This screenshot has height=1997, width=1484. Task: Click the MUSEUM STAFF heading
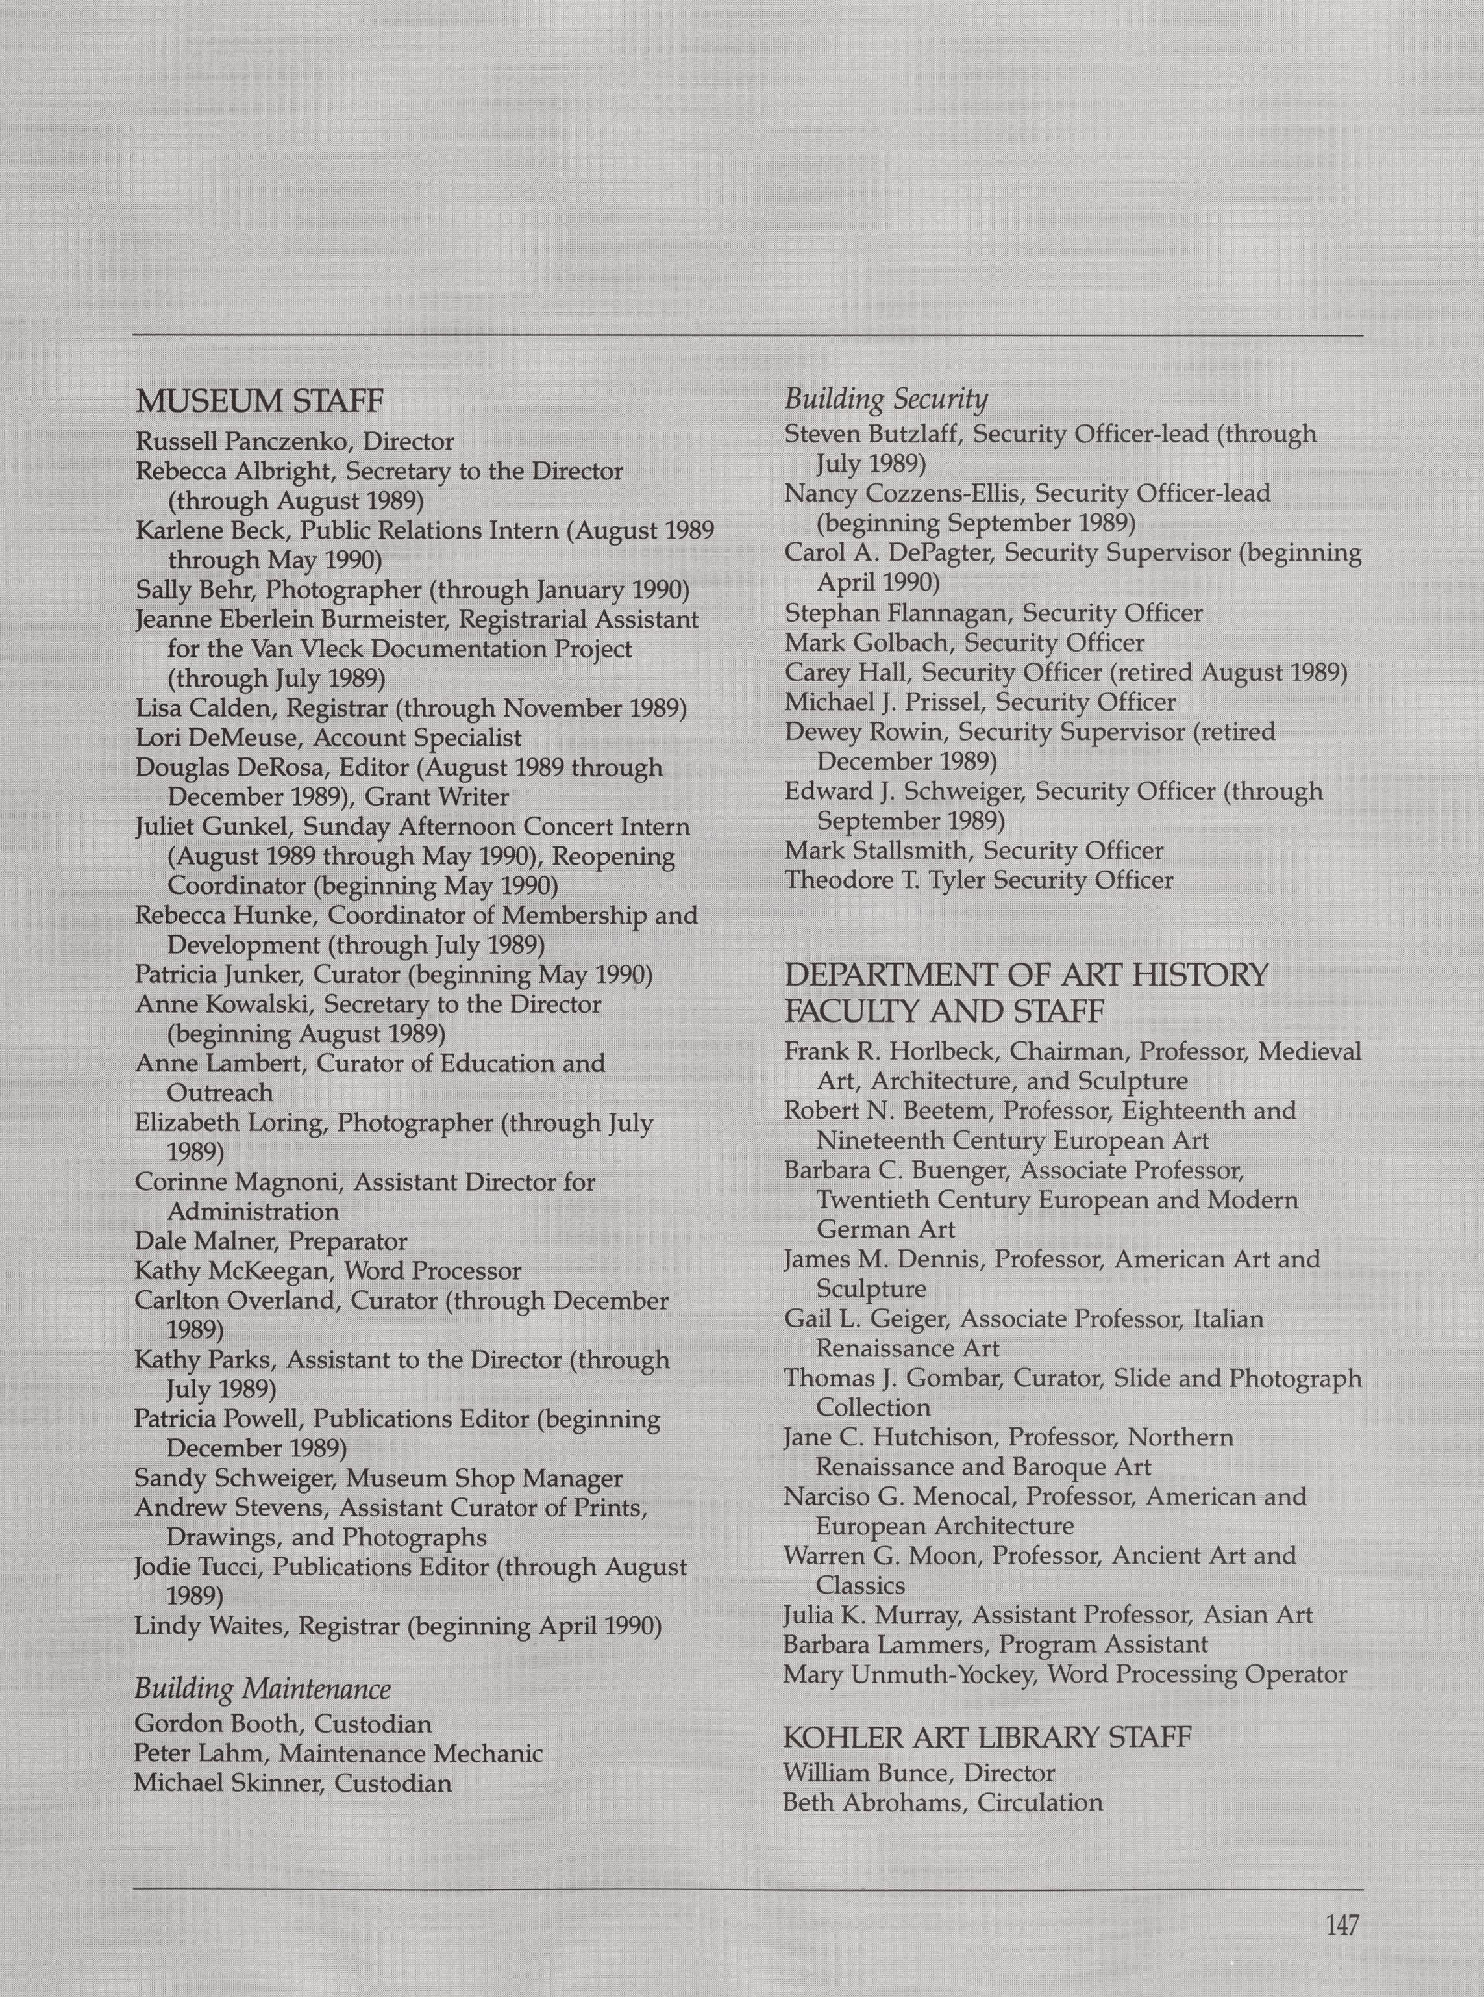point(260,401)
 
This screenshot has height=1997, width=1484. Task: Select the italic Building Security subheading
point(885,398)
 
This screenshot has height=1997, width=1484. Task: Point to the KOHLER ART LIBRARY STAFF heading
point(987,1736)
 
